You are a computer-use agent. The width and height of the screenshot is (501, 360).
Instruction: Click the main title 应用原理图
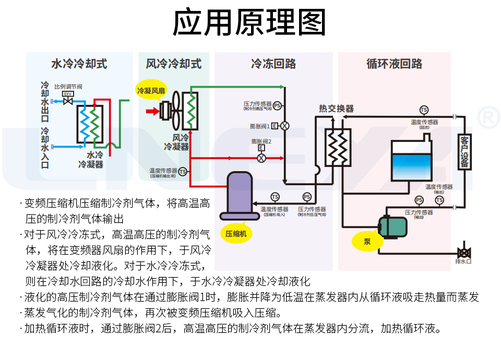pos(249,23)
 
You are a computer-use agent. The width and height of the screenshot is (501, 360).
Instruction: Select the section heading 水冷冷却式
pos(79,64)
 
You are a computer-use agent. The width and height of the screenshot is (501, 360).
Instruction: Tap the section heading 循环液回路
pos(395,64)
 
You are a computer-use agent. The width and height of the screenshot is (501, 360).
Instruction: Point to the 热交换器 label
pos(337,109)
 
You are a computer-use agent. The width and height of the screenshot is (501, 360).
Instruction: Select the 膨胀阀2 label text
pos(261,141)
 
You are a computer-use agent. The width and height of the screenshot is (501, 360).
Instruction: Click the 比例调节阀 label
pos(68,86)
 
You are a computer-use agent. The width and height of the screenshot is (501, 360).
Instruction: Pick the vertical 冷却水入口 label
pos(45,148)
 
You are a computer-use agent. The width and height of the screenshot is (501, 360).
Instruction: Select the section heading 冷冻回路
pos(273,64)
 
